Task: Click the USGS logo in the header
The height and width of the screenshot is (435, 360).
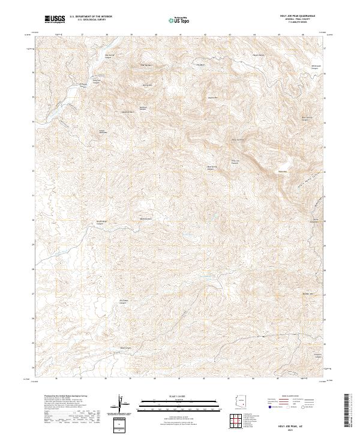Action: click(x=55, y=19)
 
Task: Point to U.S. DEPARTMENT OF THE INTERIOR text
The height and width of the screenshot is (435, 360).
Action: click(x=91, y=17)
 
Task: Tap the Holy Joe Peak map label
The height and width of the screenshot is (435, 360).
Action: click(x=238, y=140)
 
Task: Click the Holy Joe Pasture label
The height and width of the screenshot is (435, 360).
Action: click(x=236, y=161)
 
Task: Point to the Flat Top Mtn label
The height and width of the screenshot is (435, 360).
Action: click(x=147, y=64)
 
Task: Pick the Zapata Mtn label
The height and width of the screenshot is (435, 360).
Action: click(x=212, y=97)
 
